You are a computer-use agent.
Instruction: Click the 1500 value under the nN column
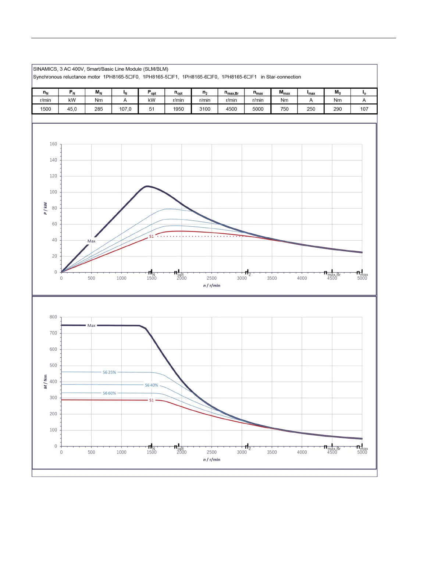click(46, 109)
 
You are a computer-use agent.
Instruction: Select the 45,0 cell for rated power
click(72, 109)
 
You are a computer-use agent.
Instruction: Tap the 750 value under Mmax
click(285, 109)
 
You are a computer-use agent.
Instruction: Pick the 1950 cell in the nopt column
click(178, 109)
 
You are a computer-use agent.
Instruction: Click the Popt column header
click(152, 92)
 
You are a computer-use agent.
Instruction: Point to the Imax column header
click(311, 92)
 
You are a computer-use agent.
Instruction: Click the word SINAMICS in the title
click(45, 69)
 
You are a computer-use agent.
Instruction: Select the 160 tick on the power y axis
click(53, 144)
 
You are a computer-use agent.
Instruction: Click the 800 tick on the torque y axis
click(53, 317)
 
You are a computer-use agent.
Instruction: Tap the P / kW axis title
click(45, 208)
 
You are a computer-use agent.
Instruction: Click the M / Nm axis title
click(45, 382)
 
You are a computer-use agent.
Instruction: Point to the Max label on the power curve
click(91, 241)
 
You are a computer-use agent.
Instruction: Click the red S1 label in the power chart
click(152, 236)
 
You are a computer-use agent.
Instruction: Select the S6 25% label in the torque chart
click(109, 372)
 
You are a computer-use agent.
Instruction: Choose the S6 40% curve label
click(152, 385)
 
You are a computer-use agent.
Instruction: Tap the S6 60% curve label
click(109, 393)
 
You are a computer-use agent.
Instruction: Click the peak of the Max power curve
click(147, 186)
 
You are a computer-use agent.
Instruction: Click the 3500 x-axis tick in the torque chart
click(272, 452)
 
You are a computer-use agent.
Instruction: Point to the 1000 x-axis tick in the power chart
click(121, 278)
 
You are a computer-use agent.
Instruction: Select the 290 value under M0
click(338, 109)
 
